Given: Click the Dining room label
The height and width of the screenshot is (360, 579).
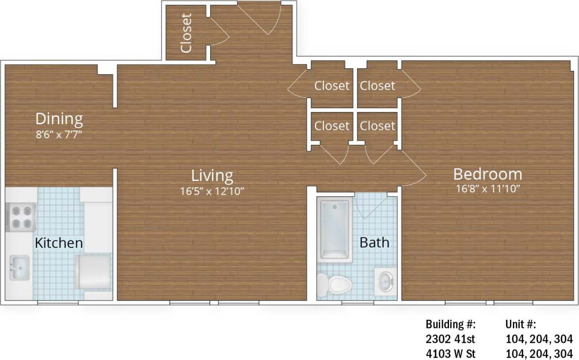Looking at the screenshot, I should pyautogui.click(x=59, y=118).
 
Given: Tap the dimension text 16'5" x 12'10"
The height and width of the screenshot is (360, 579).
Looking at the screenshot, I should pyautogui.click(x=212, y=190).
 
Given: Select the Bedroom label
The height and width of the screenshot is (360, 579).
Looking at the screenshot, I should pyautogui.click(x=487, y=174).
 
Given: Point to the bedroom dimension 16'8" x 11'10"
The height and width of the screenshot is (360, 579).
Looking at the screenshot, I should pyautogui.click(x=487, y=189).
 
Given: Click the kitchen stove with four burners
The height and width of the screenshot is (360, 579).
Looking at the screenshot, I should pyautogui.click(x=21, y=217).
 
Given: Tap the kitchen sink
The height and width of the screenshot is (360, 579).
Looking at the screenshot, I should pyautogui.click(x=19, y=268).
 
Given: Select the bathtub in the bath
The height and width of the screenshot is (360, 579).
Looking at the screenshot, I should pyautogui.click(x=335, y=230).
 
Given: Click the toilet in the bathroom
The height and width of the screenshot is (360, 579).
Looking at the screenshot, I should pyautogui.click(x=335, y=284).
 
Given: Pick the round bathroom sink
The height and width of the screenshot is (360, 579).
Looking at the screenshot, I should pyautogui.click(x=385, y=282).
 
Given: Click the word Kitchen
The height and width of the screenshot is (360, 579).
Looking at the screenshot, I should pyautogui.click(x=59, y=243).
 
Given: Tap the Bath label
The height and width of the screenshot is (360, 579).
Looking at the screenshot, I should pyautogui.click(x=374, y=242).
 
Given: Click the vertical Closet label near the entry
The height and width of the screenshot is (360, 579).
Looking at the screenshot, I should pyautogui.click(x=187, y=33).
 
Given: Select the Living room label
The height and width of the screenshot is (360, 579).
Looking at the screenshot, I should pyautogui.click(x=212, y=175).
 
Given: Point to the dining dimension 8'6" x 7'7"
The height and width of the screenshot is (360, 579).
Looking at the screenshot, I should pyautogui.click(x=59, y=134).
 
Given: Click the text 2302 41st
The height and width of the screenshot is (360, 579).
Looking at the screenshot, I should pyautogui.click(x=450, y=339).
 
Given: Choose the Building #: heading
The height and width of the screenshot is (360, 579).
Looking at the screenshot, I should pyautogui.click(x=450, y=325).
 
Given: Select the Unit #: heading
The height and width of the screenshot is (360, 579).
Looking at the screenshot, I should pyautogui.click(x=520, y=325).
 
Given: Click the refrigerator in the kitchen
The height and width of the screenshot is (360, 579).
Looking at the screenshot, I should pyautogui.click(x=94, y=271).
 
